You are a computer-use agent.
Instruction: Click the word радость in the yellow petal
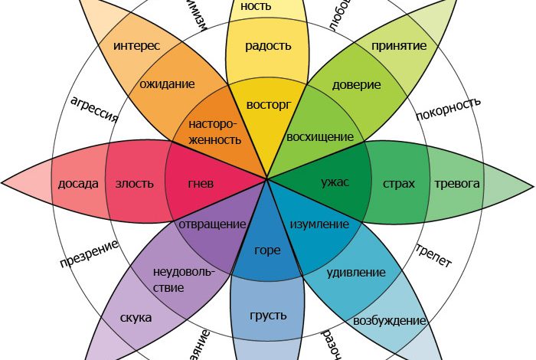[x=268, y=46]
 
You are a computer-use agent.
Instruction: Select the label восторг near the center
[x=268, y=103]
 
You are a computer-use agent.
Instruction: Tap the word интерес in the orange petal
[x=136, y=46]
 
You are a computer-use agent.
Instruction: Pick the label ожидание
[x=168, y=84]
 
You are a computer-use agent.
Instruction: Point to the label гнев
[x=200, y=184]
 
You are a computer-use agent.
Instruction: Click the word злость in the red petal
[x=134, y=184]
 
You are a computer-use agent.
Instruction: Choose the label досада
[x=78, y=184]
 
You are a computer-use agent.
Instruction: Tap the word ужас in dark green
[x=335, y=182]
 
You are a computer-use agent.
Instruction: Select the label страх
[x=398, y=184]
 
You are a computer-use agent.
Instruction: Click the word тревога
[x=457, y=184]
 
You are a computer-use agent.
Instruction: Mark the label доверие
[x=356, y=85]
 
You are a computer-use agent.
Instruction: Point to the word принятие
[x=398, y=46]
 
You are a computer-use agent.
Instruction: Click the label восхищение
[x=319, y=137]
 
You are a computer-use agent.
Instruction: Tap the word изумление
[x=319, y=224]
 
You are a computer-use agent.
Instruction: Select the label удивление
[x=356, y=272]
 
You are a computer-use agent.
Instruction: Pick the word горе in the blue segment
[x=268, y=250]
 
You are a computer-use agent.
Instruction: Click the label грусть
[x=268, y=315]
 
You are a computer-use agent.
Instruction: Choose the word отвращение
[x=212, y=224]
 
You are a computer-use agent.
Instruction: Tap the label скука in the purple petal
[x=136, y=317]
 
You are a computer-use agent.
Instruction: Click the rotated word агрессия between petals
[x=93, y=111]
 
